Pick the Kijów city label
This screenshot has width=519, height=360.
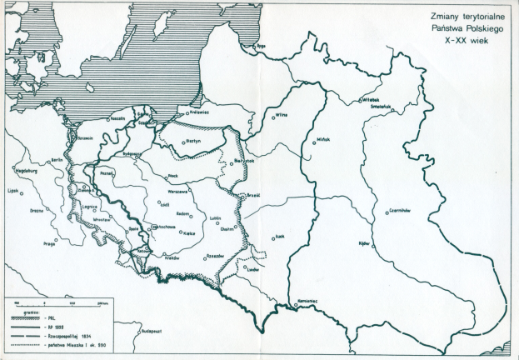pos(364,242)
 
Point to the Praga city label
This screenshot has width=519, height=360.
pos(52,243)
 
